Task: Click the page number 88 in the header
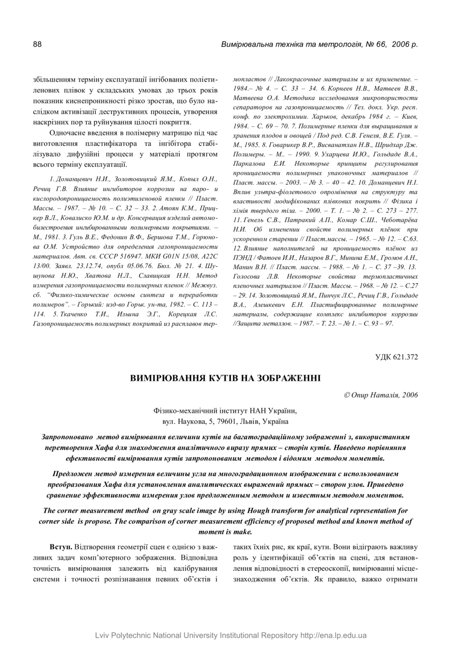pyautogui.click(x=37, y=44)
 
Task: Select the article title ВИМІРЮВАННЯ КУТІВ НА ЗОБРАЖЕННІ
pyautogui.click(x=225, y=378)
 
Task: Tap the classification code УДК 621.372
pyautogui.click(x=397, y=357)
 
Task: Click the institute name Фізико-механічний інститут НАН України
pyautogui.click(x=225, y=411)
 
